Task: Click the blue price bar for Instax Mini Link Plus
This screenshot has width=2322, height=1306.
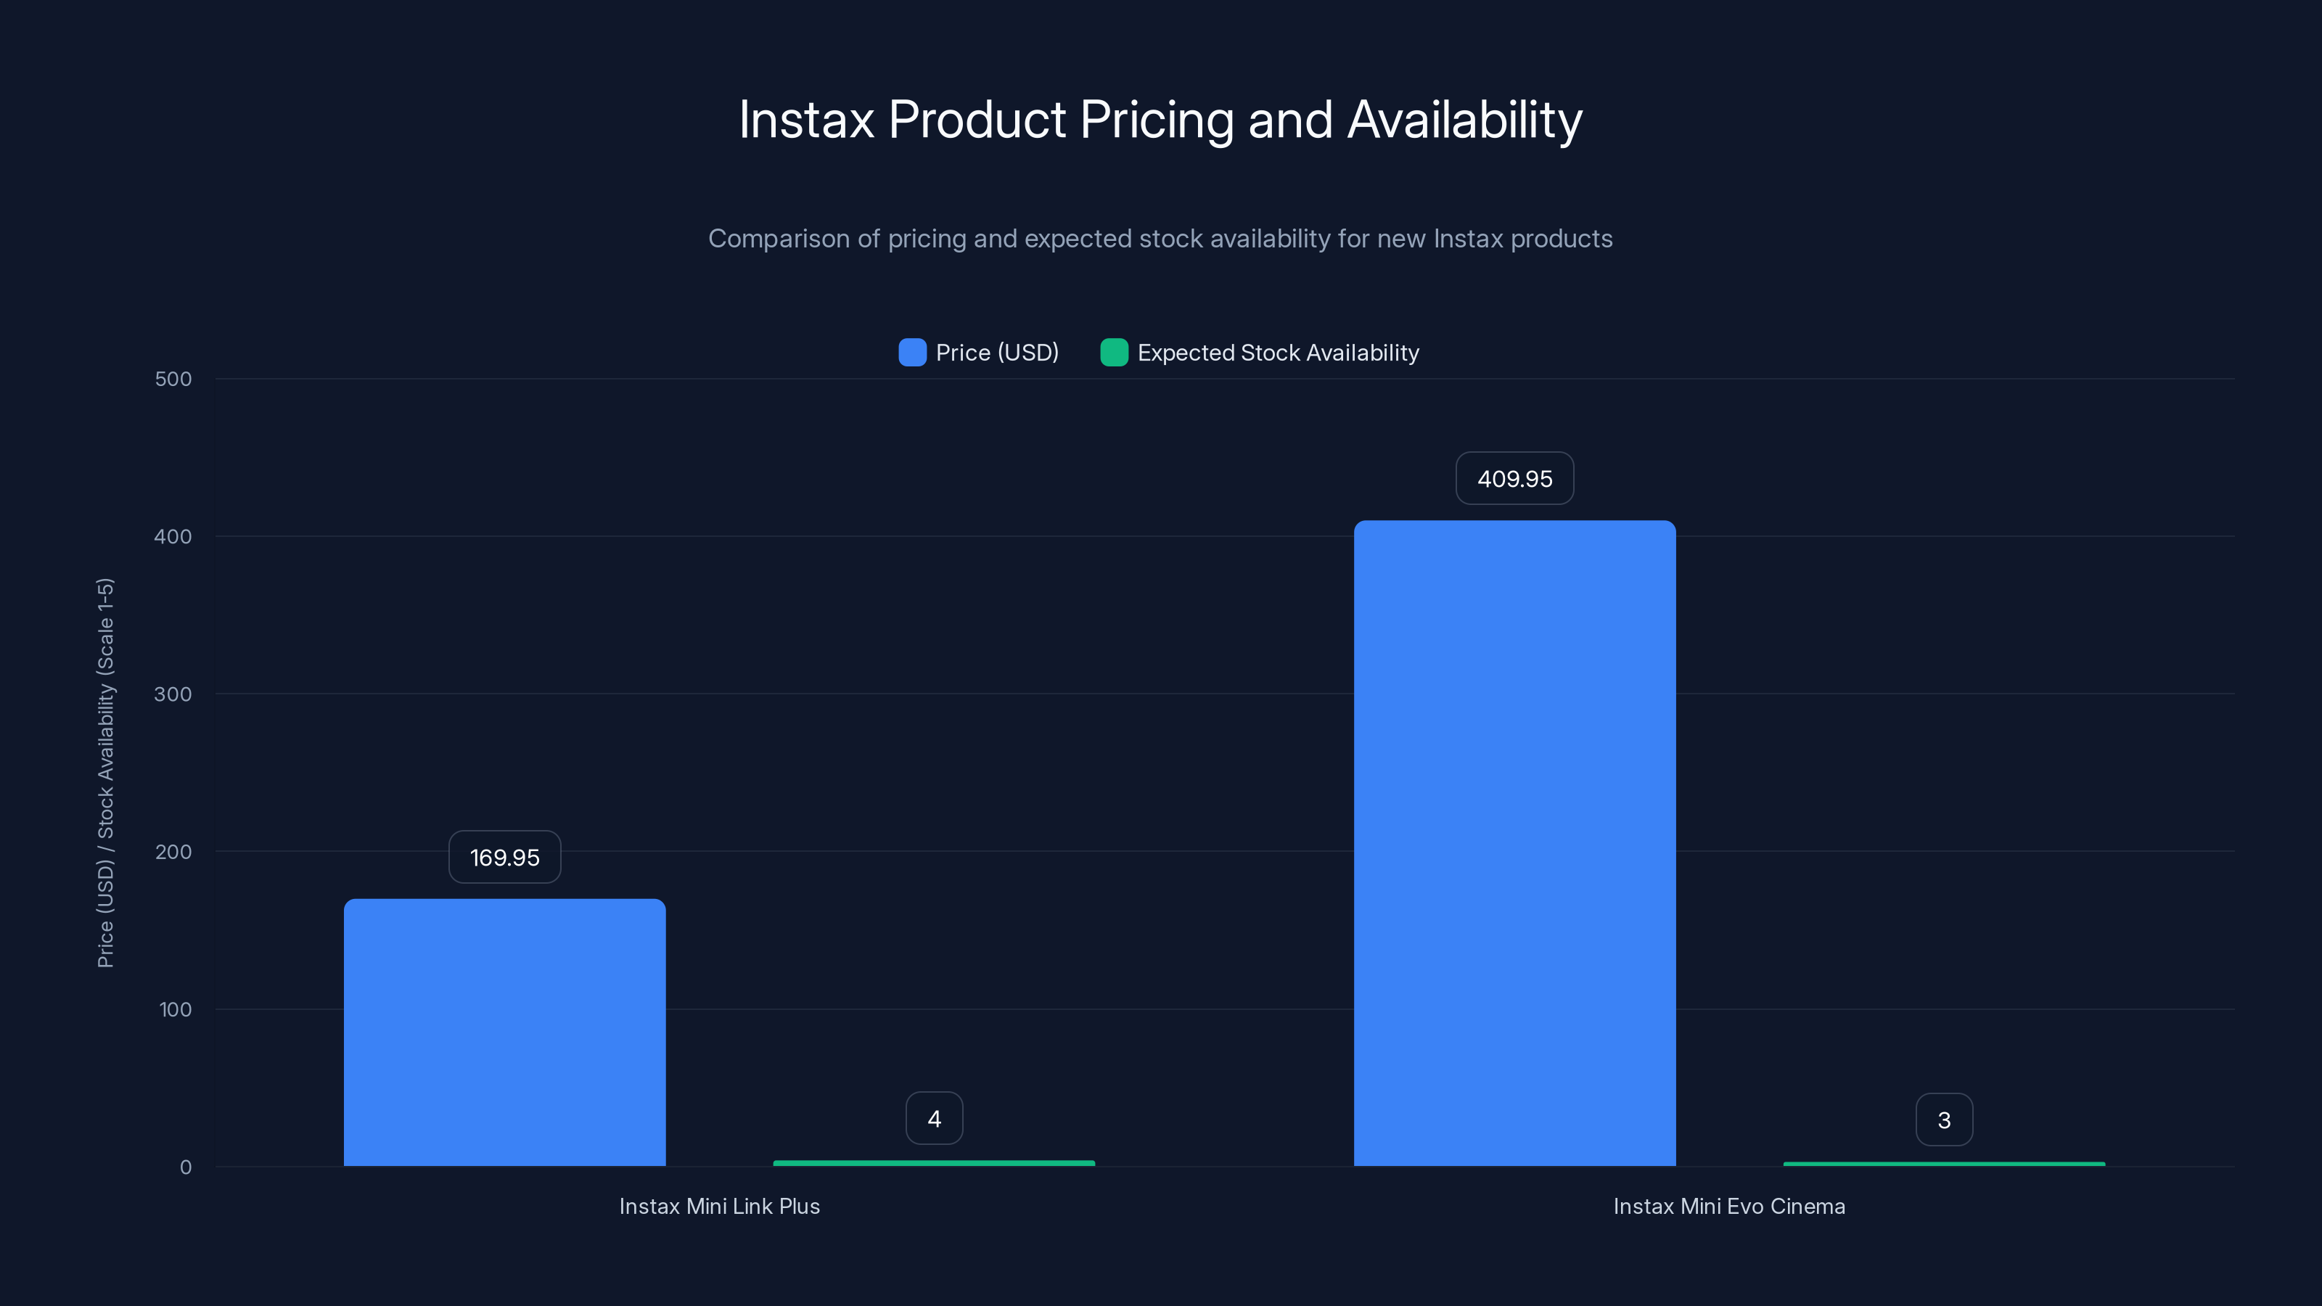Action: [505, 1032]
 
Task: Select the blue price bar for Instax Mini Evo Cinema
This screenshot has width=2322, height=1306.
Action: [1514, 842]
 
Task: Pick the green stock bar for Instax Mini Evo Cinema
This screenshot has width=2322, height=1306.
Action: [1943, 1165]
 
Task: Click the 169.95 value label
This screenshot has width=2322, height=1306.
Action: [505, 857]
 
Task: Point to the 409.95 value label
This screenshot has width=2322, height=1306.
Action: [1514, 479]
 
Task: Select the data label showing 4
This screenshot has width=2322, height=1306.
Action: [934, 1119]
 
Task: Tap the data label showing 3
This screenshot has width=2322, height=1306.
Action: [1943, 1120]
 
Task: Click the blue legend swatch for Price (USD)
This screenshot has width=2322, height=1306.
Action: [912, 353]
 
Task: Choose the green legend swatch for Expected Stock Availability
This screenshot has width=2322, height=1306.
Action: [1114, 353]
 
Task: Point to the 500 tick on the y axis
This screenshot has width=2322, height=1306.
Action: [173, 379]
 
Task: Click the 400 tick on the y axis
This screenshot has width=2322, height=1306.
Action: [173, 537]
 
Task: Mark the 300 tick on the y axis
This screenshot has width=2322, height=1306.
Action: [173, 695]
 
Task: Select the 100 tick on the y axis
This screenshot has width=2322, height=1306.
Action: [175, 1009]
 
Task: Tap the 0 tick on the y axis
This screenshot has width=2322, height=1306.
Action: [186, 1167]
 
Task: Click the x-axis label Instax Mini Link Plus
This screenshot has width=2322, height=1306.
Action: [719, 1206]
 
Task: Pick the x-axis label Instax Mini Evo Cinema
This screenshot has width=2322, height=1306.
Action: [1729, 1206]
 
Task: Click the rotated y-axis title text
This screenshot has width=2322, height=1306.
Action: [105, 773]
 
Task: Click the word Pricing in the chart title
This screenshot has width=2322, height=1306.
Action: [1157, 120]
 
